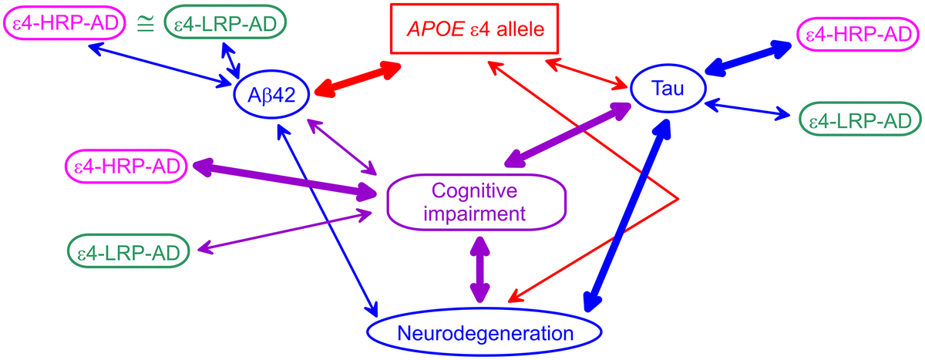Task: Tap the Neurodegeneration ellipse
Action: click(x=484, y=333)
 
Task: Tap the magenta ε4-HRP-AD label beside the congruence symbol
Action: click(x=68, y=25)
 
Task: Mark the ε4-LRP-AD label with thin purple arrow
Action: click(x=128, y=251)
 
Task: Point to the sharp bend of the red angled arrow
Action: click(x=678, y=199)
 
